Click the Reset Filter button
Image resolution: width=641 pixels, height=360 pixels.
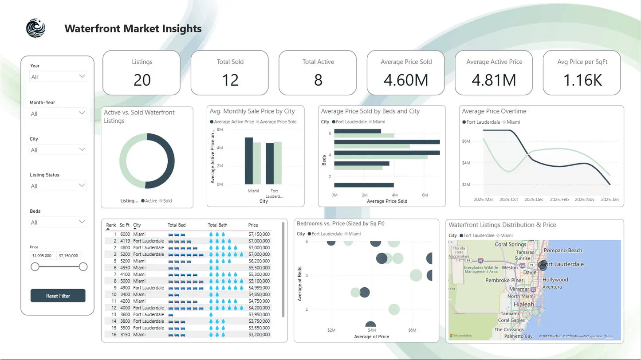pos(58,296)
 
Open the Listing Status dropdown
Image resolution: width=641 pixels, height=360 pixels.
pos(58,186)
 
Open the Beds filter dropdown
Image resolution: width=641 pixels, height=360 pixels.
pos(58,222)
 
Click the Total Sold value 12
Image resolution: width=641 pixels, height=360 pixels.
pos(230,80)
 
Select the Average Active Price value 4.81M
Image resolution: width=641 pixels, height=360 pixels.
pos(494,80)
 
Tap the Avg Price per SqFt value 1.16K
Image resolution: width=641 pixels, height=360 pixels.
pos(582,80)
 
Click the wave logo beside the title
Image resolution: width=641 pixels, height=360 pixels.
pos(35,28)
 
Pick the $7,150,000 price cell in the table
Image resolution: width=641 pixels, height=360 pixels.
pos(259,234)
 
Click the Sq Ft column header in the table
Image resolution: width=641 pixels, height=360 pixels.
pos(124,225)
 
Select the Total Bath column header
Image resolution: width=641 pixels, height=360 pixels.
pos(217,225)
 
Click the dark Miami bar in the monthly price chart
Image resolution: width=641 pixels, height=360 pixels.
pos(249,161)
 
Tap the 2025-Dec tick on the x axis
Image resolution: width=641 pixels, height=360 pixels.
pos(534,200)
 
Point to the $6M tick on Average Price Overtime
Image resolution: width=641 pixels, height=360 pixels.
pos(466,141)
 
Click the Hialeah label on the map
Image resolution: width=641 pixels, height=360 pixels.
pos(523,305)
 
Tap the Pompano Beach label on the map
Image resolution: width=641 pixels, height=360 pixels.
pos(562,250)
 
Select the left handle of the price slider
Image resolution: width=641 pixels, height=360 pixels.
pos(35,266)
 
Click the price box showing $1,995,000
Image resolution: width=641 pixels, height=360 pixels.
pos(43,256)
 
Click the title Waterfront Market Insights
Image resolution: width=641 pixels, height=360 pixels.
pos(133,29)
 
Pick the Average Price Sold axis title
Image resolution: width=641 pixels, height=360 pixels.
pos(387,201)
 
